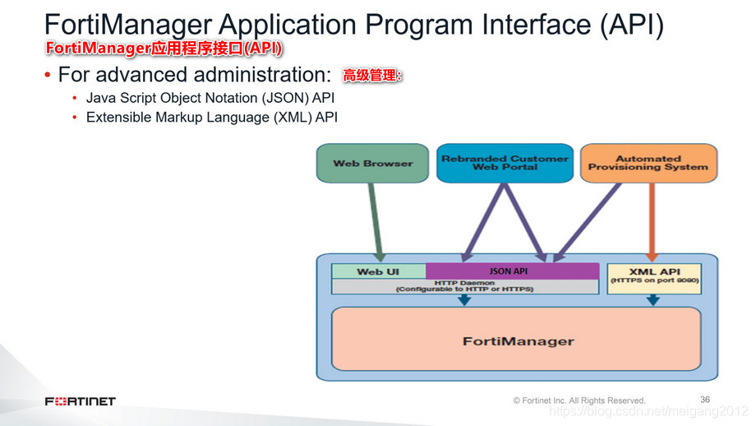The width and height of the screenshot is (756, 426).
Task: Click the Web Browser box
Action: tap(372, 163)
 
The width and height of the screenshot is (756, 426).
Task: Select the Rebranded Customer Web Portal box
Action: tap(505, 163)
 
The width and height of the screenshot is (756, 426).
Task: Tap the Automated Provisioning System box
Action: tap(648, 163)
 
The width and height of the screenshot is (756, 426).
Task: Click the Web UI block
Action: tap(378, 271)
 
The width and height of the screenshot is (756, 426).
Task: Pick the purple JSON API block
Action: tap(512, 271)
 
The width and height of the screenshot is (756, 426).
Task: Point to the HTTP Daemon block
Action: tap(464, 286)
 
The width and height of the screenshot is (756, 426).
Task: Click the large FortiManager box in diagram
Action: tap(517, 340)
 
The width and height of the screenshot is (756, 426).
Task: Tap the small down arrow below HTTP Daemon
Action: tap(464, 300)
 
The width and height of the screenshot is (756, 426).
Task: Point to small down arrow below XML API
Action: tap(653, 300)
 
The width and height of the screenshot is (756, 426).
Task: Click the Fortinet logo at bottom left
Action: tap(80, 401)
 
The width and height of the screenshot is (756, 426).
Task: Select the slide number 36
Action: tap(705, 399)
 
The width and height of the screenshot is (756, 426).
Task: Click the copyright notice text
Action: tap(579, 401)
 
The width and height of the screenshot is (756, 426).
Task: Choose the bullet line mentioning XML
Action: tap(211, 117)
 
